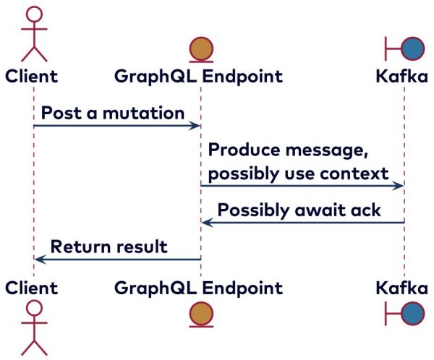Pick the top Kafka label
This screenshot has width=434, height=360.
click(x=401, y=75)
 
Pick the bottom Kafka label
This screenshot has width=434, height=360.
click(x=401, y=288)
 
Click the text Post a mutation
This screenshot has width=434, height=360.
click(x=112, y=113)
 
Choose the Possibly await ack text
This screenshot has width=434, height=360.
click(x=299, y=210)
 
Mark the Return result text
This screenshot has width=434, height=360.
click(x=109, y=247)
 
